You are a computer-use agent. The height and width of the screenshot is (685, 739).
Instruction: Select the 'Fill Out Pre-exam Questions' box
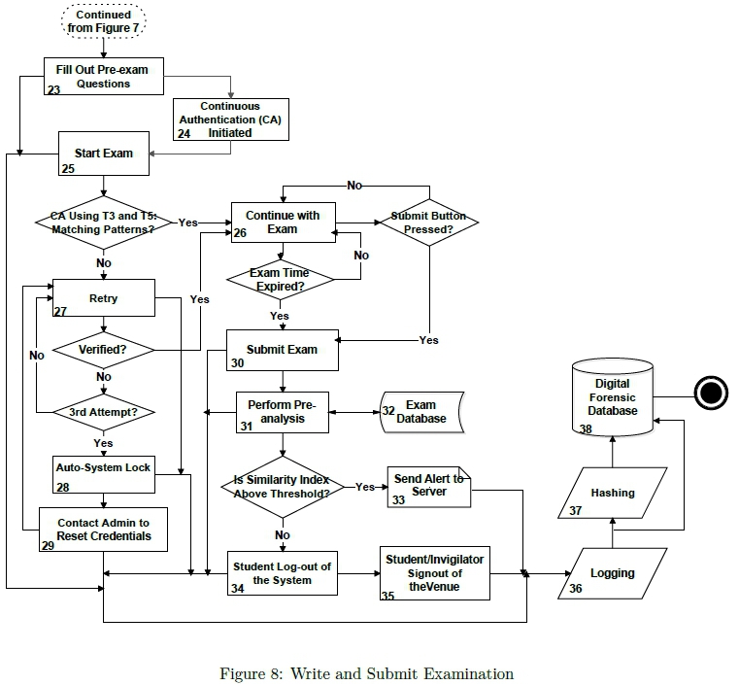tap(103, 77)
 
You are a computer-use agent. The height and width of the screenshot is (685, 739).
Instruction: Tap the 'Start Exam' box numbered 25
tap(104, 154)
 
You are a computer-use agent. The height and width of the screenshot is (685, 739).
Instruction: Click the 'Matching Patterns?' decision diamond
tap(103, 223)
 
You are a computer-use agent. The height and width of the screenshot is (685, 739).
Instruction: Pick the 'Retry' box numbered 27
tap(103, 298)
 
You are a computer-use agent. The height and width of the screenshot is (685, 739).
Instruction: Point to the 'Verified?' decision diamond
tap(103, 348)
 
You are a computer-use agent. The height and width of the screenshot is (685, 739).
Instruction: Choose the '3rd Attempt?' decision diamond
tap(103, 412)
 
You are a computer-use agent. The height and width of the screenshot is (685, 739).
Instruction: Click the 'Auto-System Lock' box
tap(103, 468)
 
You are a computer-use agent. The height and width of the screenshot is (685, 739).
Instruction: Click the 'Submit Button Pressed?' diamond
tap(428, 223)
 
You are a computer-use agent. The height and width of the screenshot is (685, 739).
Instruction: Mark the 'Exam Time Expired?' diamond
tap(280, 280)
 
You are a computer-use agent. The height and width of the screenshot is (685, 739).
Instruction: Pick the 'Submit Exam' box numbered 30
tap(282, 350)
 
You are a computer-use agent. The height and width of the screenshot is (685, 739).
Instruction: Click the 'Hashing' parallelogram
tap(612, 493)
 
